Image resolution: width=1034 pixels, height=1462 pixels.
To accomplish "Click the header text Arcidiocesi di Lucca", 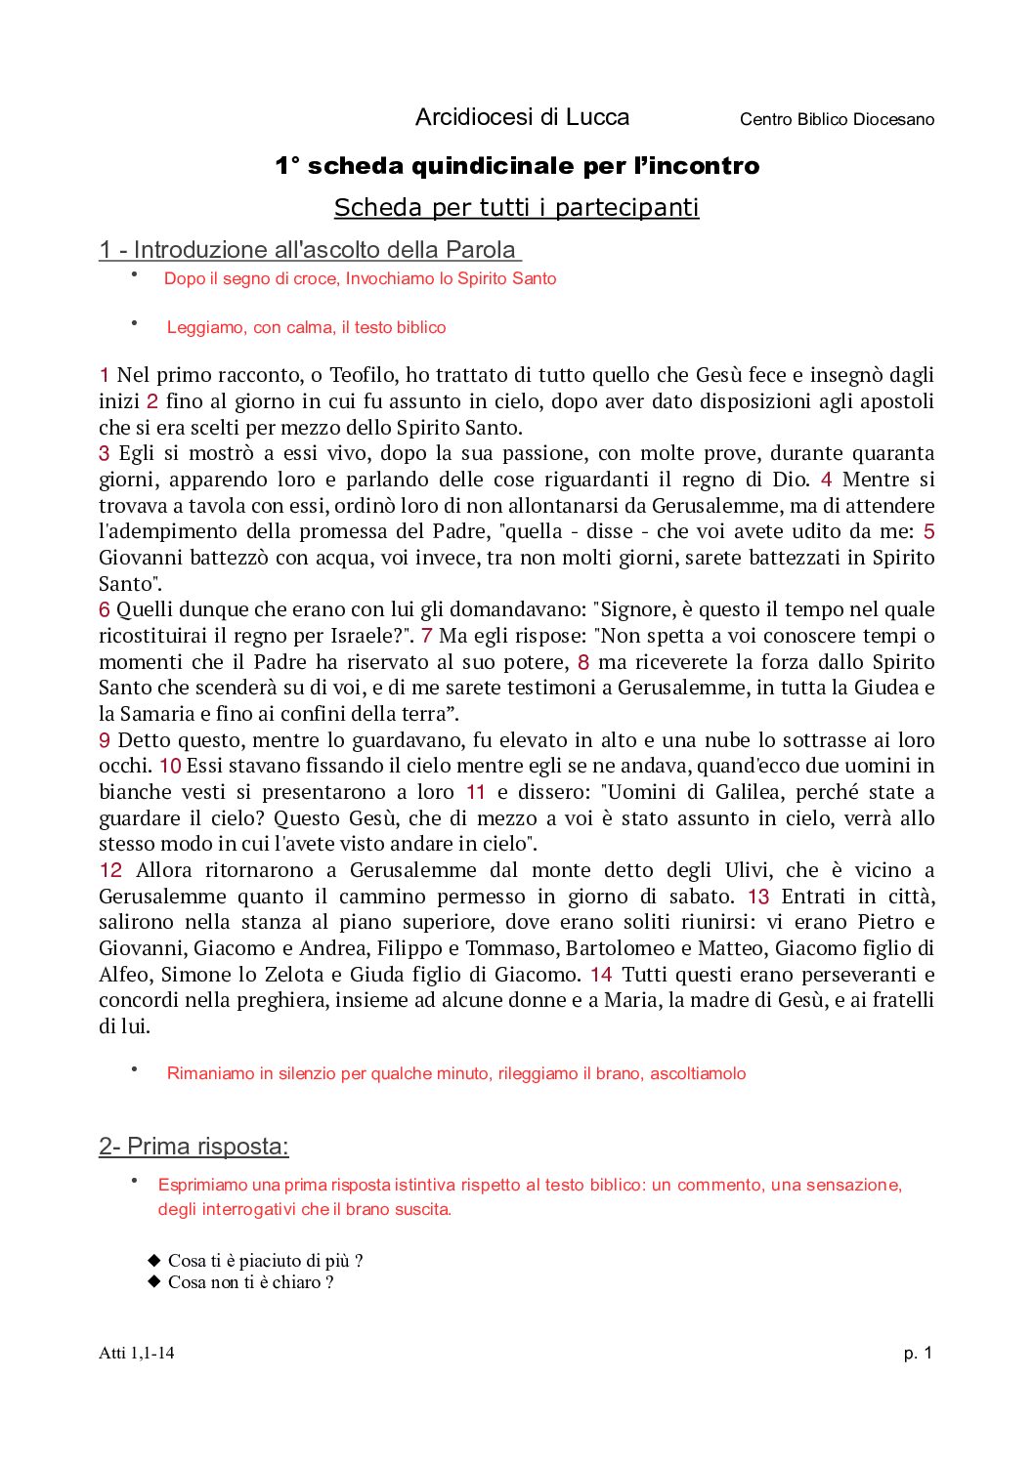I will pos(522,117).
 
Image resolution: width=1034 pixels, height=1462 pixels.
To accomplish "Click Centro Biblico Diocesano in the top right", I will pos(837,119).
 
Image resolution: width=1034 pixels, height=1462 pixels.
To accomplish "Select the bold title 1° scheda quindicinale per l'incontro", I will pos(517,166).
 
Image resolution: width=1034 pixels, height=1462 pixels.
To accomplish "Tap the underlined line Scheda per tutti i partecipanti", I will pos(516,207).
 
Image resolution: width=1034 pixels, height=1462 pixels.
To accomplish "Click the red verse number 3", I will pos(104,453).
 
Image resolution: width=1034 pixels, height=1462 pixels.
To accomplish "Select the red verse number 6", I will pos(104,609).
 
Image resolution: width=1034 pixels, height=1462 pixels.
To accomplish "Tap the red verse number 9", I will pos(104,740).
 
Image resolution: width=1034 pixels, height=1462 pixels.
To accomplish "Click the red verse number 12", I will pos(110,870).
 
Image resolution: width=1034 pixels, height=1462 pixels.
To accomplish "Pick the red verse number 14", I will pos(601,975).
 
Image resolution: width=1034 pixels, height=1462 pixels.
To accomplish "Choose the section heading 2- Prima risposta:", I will pos(194,1146).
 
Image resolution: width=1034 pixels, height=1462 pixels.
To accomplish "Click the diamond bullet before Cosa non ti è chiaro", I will pos(153,1281).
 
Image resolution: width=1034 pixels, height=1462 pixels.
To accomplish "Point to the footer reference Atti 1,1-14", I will pos(137,1353).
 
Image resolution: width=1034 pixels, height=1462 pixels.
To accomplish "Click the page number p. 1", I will pos(918,1353).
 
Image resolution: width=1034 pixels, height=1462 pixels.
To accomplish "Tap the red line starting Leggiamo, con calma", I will pos(306,327).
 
